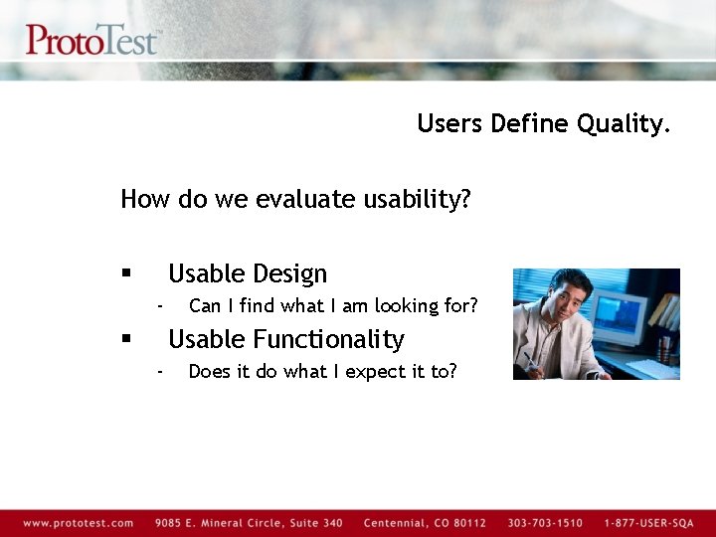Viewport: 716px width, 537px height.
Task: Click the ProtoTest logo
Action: (x=91, y=39)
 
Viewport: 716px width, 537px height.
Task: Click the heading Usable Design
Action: (x=247, y=273)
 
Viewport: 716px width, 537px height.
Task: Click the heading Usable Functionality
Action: (x=285, y=339)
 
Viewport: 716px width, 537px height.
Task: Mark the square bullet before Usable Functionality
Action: (x=126, y=339)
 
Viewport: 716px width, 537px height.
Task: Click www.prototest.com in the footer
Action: (x=78, y=523)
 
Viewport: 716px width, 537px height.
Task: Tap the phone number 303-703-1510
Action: (x=545, y=523)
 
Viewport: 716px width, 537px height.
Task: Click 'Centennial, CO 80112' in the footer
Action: (x=425, y=523)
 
